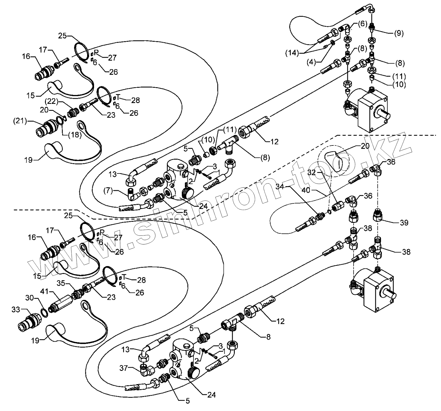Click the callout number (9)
point(399,33)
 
